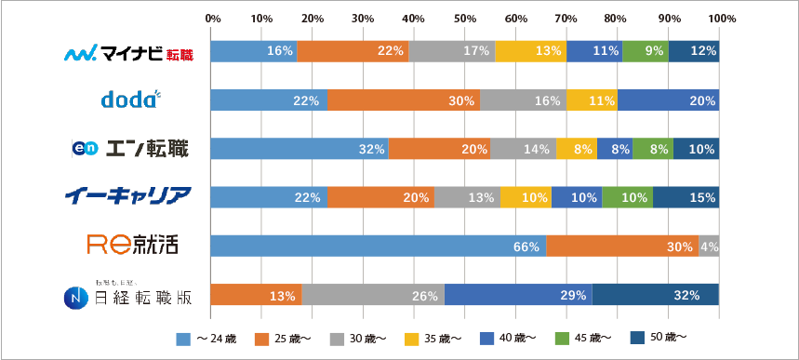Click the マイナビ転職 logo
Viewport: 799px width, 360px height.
(128, 53)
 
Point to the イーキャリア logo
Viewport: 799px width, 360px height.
(128, 196)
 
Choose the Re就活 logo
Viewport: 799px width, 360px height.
(131, 246)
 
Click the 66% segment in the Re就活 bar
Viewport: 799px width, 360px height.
(378, 247)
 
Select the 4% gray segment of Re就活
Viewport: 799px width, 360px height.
(709, 247)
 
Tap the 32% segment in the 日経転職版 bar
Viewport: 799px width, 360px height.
(656, 295)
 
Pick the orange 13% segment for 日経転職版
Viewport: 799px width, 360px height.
(256, 295)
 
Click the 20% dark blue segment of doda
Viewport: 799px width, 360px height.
(668, 100)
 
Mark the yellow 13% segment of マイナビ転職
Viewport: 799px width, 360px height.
(530, 52)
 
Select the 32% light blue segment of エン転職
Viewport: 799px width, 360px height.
(299, 149)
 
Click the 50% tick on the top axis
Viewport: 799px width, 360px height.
(465, 18)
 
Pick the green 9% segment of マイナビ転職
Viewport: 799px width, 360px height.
(645, 52)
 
